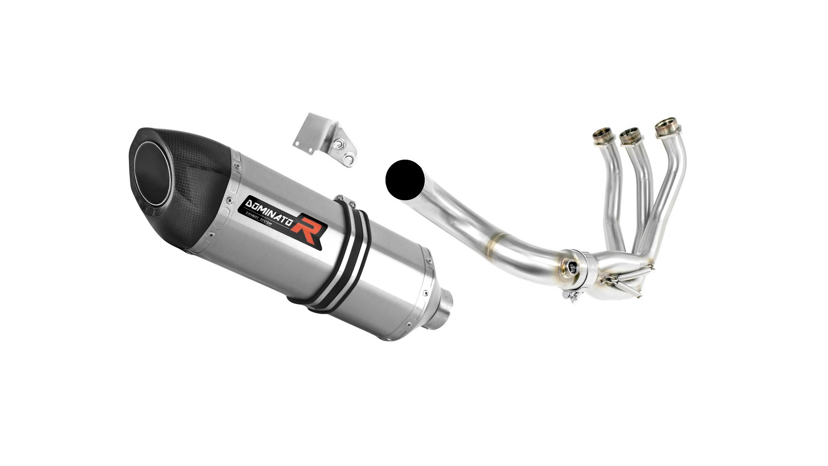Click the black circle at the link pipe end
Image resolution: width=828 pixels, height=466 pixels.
click(405, 180)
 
